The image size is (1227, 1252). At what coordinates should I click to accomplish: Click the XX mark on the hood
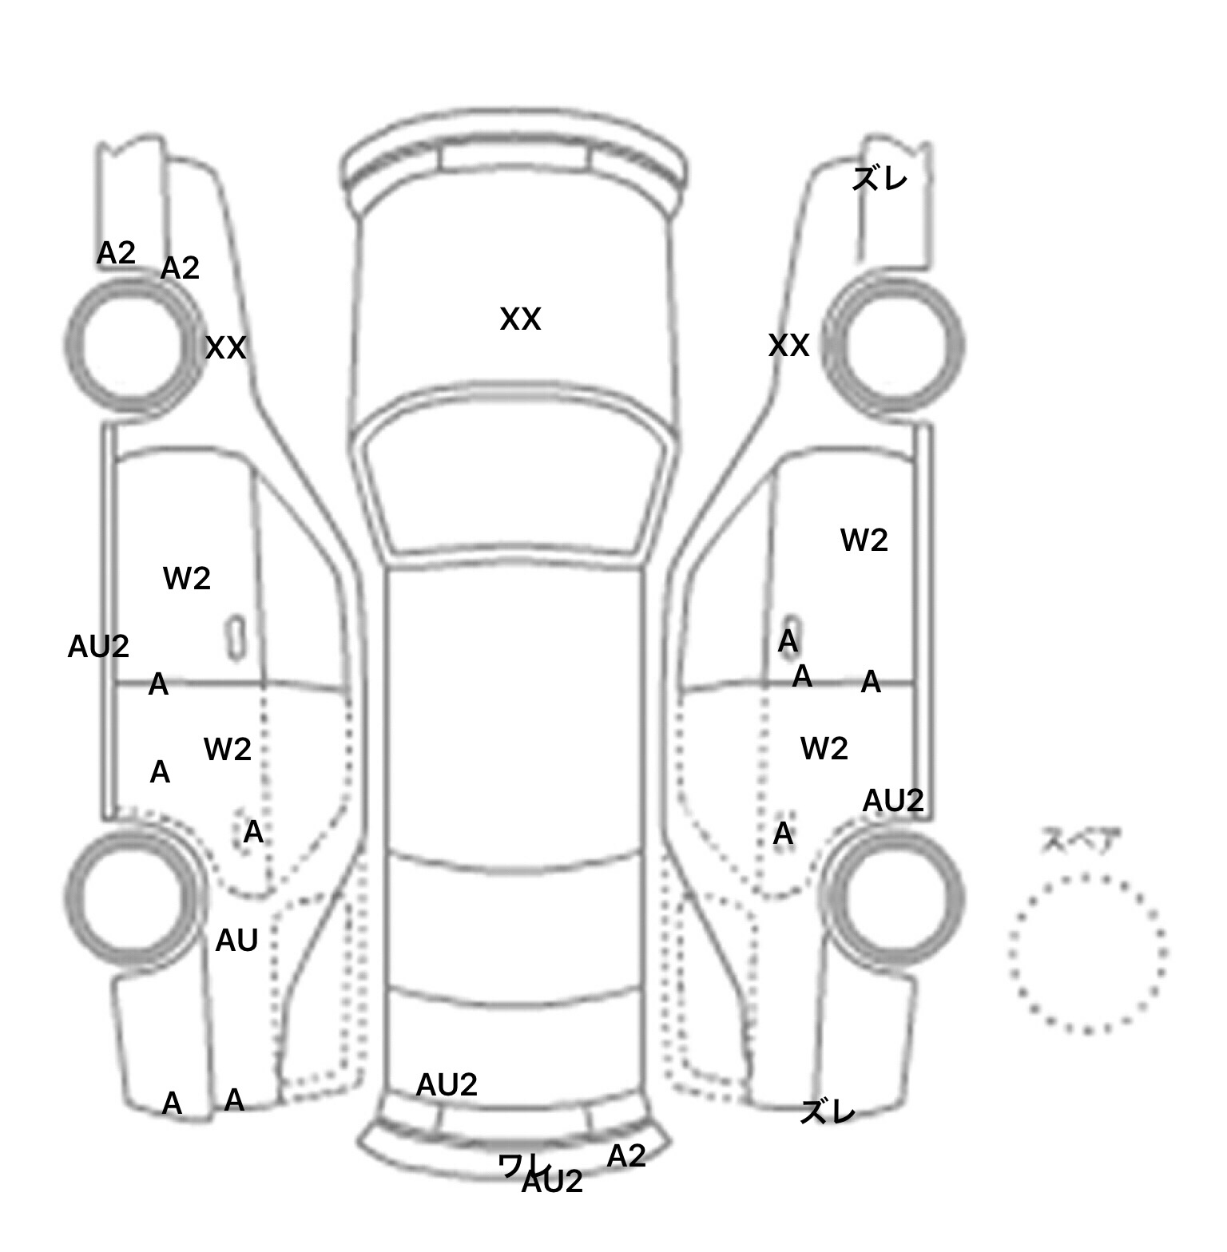[520, 319]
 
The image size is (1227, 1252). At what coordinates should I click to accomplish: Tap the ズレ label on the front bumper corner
[880, 179]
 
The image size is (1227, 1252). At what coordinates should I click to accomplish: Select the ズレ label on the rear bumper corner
[828, 1111]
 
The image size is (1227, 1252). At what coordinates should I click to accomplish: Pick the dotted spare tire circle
[1087, 953]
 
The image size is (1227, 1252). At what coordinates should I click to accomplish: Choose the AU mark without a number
[236, 941]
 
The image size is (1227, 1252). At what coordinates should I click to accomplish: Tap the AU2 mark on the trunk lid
[447, 1084]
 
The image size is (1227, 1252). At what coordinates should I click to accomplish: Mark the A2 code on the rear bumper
[625, 1155]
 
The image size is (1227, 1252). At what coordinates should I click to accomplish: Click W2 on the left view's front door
[187, 578]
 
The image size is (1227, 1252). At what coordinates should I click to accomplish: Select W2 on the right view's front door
[864, 541]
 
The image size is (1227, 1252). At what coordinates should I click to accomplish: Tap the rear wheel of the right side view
[894, 895]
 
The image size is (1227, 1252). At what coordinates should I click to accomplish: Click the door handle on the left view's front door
[236, 638]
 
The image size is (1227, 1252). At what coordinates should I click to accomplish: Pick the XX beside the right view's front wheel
[788, 346]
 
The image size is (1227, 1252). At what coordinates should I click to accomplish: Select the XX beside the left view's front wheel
[225, 348]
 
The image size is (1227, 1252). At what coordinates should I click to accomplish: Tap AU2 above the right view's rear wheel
[893, 800]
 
